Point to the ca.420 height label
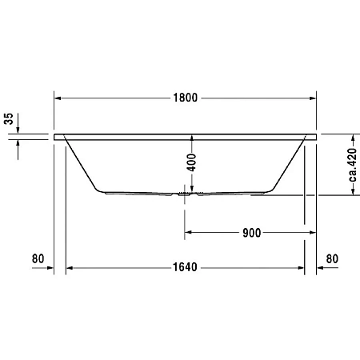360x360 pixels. [350, 166]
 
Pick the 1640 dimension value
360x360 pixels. [185, 267]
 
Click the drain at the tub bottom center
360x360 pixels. [187, 193]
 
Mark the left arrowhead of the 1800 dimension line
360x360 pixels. [58, 98]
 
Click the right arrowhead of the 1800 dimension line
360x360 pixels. [313, 98]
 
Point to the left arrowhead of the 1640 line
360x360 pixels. [70, 267]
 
